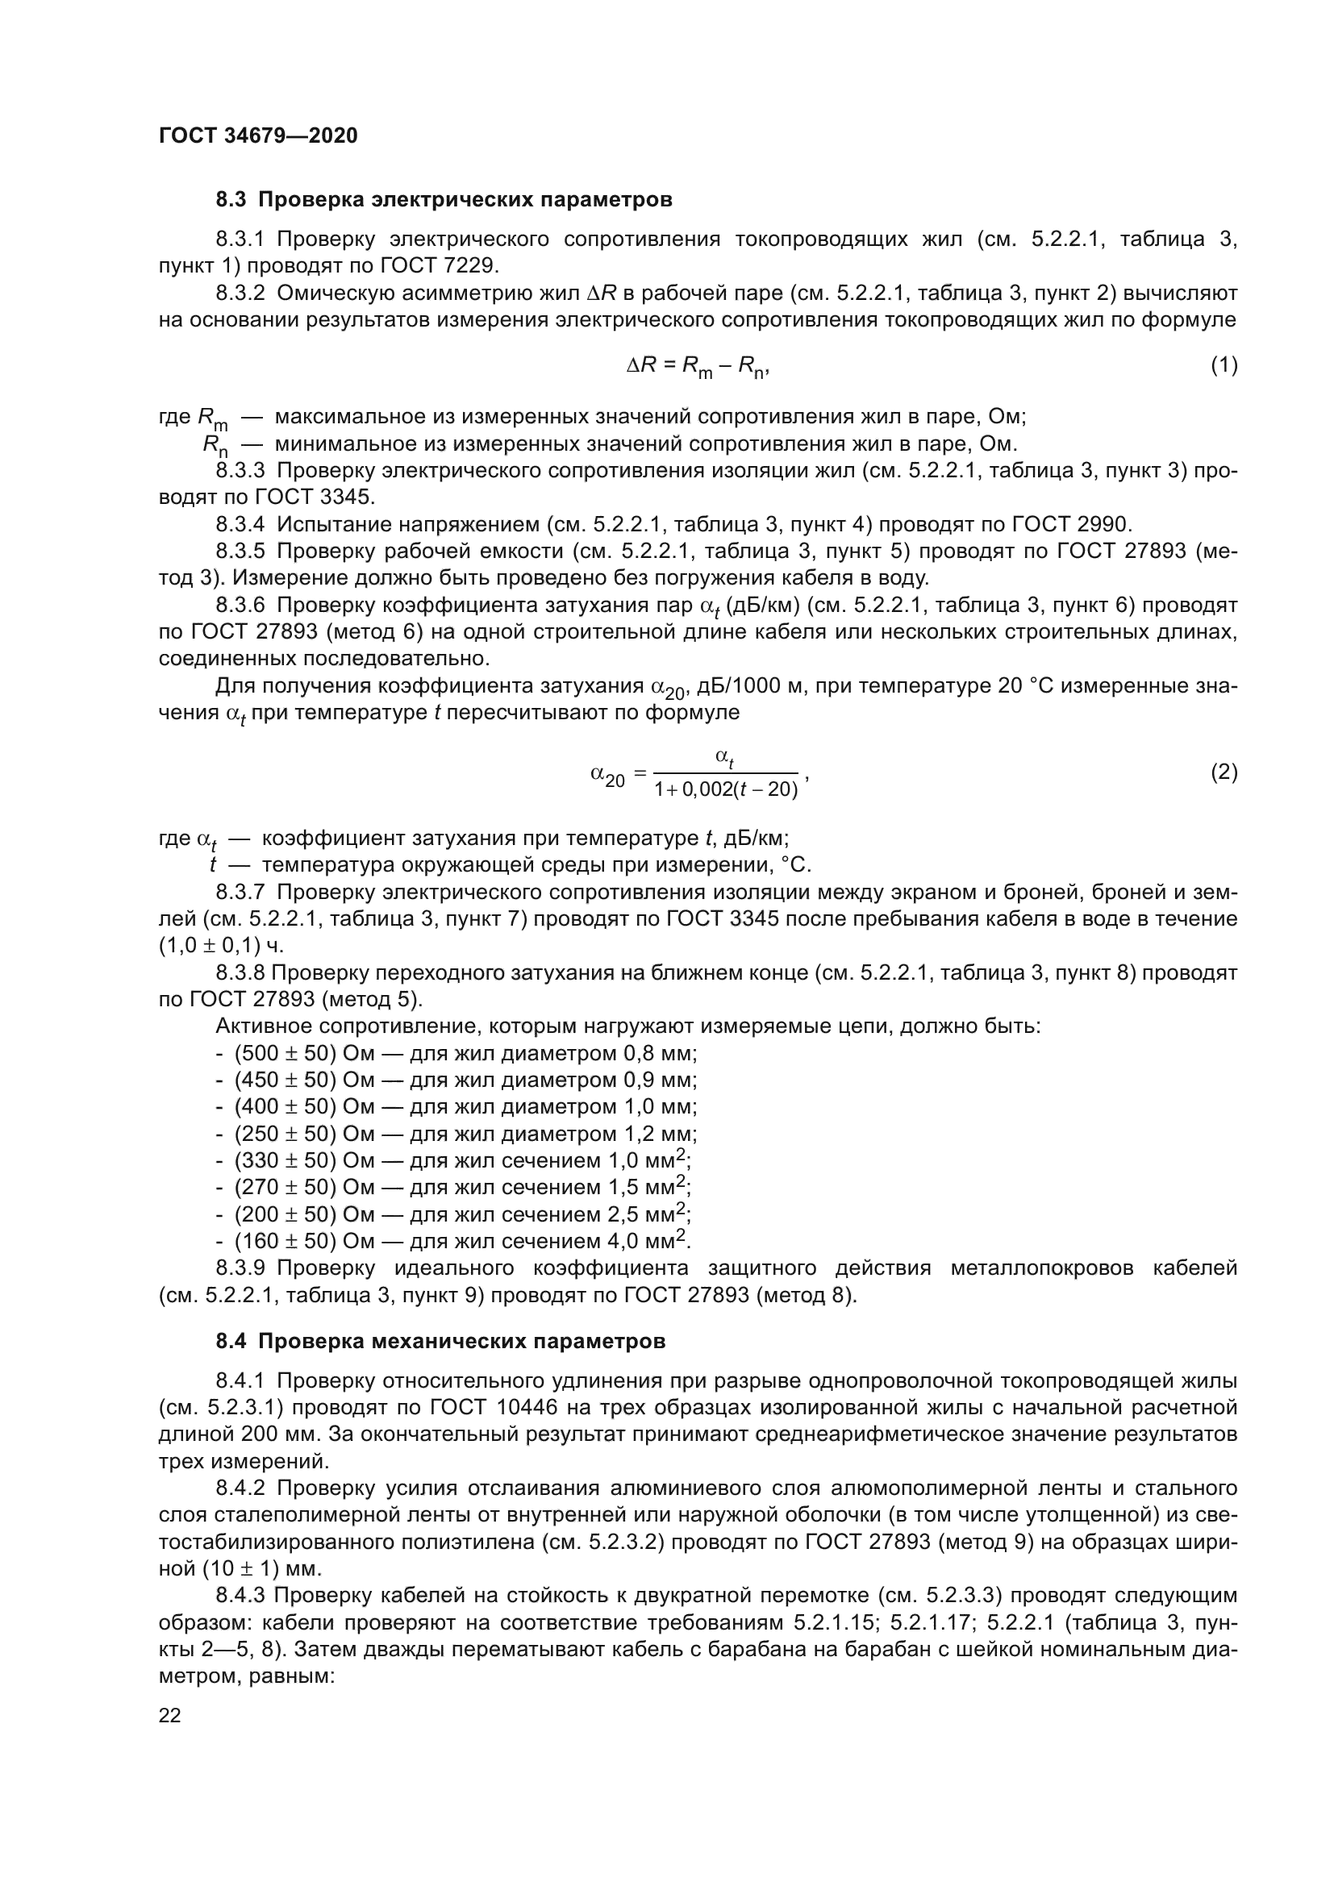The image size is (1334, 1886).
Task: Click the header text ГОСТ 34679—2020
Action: pos(258,135)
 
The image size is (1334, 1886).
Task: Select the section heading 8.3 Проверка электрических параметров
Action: pos(444,200)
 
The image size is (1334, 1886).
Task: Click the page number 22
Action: pos(170,1715)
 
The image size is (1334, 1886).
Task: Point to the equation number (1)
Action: pos(1224,365)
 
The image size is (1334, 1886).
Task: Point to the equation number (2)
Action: pos(1224,772)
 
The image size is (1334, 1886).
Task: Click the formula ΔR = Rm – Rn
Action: pos(698,366)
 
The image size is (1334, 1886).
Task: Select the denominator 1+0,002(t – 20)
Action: pos(726,790)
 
